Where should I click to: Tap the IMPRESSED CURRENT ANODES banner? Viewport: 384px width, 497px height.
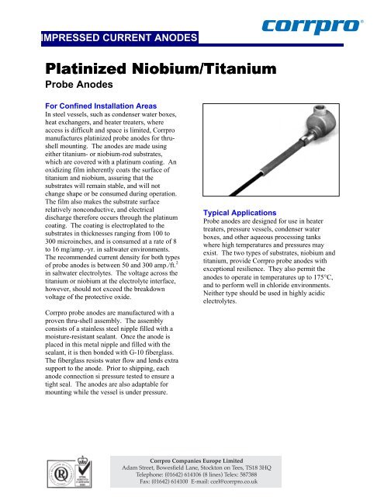point(121,36)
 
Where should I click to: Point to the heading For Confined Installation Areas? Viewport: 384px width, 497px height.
point(94,115)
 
